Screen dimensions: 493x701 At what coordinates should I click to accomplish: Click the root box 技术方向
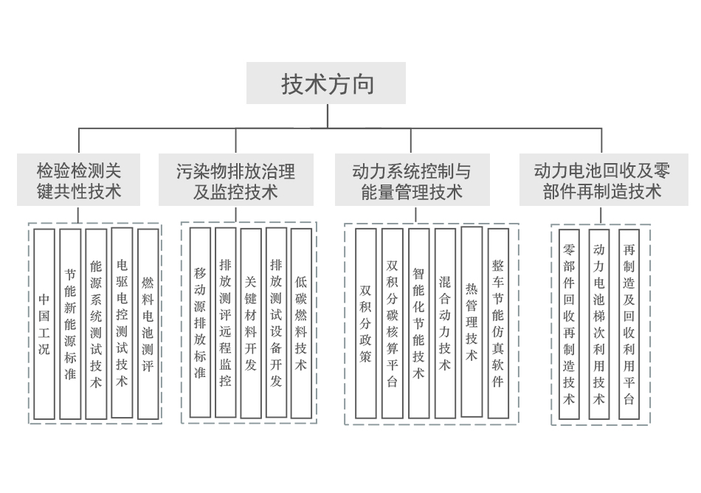pos(326,83)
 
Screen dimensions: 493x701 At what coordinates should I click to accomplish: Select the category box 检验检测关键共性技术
pos(79,181)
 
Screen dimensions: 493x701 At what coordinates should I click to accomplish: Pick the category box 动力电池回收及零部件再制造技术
pos(602,181)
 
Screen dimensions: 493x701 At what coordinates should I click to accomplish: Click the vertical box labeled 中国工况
pos(44,324)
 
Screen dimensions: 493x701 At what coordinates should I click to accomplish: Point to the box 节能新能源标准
pos(70,324)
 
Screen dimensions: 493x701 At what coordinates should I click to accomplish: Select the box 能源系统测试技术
pos(96,324)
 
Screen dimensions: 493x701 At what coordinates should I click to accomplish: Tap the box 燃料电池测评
pos(148,324)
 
